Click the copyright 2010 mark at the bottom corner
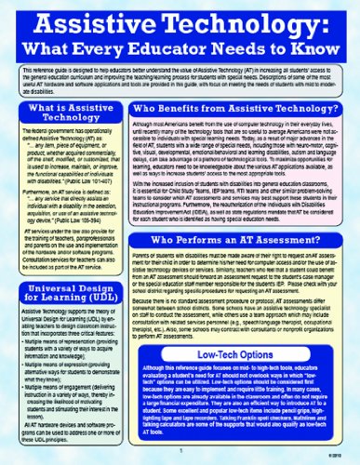coord(340,456)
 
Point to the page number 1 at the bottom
coord(180,456)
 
